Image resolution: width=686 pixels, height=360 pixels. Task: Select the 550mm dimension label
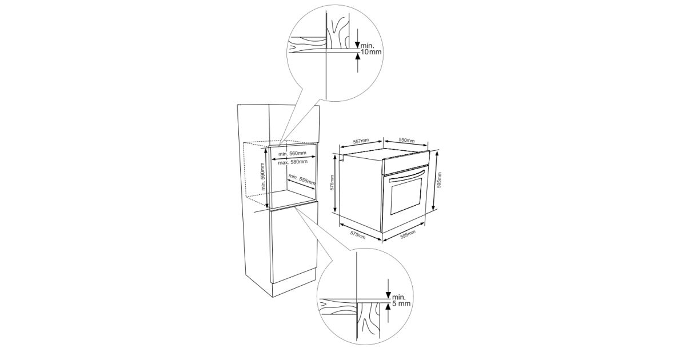[x=406, y=140]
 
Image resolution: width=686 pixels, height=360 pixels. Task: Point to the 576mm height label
[x=332, y=183]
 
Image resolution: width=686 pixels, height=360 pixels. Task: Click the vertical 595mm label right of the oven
[x=439, y=181]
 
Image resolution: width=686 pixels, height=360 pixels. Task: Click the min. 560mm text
[x=292, y=153]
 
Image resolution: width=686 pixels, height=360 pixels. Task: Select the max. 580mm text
[x=293, y=162]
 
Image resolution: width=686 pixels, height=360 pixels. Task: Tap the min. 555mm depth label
[x=302, y=180]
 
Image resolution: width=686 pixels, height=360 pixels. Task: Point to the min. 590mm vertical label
[x=262, y=177]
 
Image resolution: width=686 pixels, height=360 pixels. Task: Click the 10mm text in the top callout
[x=371, y=52]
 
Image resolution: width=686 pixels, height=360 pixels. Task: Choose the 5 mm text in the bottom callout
[x=401, y=303]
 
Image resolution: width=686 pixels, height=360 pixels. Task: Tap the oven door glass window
[x=406, y=195]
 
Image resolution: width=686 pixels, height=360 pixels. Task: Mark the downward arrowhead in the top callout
[x=357, y=45]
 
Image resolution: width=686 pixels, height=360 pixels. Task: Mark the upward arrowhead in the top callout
[x=357, y=57]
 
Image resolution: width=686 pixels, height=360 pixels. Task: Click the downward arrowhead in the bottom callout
[x=388, y=295]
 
